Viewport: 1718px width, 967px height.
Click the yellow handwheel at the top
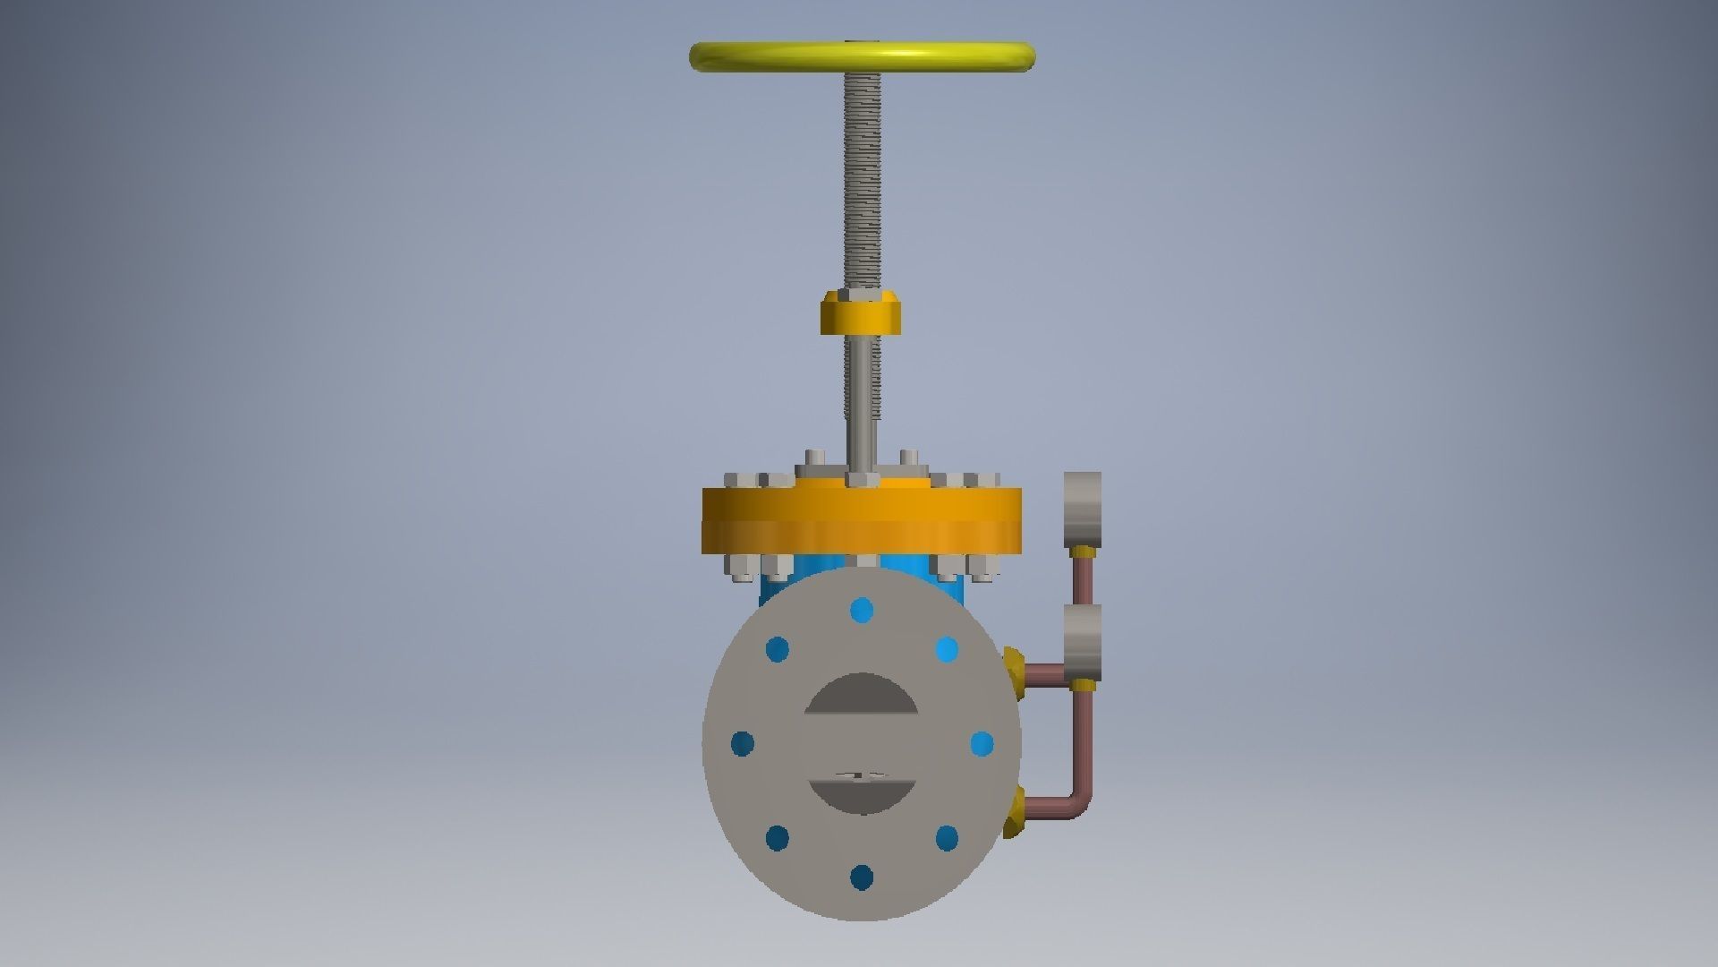click(863, 56)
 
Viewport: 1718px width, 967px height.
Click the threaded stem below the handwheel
click(862, 179)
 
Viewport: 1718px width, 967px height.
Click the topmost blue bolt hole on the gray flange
click(862, 612)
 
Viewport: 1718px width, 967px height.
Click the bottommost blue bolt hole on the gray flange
click(862, 877)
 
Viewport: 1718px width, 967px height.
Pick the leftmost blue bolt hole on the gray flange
click(743, 743)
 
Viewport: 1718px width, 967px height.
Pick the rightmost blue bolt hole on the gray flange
click(982, 743)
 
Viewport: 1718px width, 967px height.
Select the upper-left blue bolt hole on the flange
click(778, 649)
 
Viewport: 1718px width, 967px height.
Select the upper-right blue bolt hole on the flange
click(947, 649)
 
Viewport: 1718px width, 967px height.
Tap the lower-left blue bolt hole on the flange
click(778, 839)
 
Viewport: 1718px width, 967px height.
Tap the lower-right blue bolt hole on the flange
click(947, 839)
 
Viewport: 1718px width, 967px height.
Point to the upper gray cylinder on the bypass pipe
click(1082, 509)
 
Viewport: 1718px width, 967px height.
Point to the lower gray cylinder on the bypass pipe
click(1082, 642)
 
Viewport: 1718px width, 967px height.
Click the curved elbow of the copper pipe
click(1080, 801)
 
